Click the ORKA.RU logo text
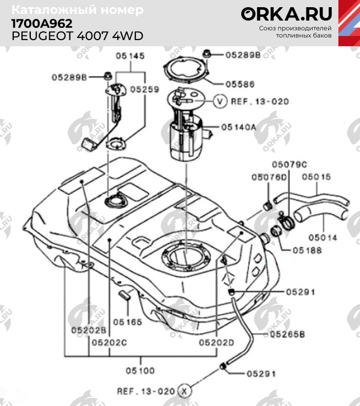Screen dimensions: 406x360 point(287,13)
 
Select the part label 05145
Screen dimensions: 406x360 point(130,56)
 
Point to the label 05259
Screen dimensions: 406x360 point(145,89)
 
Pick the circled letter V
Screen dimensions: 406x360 point(220,101)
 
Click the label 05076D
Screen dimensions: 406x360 point(268,177)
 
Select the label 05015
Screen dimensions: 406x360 point(315,177)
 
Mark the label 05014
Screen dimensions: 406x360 point(322,238)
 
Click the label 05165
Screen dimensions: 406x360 point(127,322)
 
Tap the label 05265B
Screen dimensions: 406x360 point(284,334)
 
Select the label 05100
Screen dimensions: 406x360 point(140,370)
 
